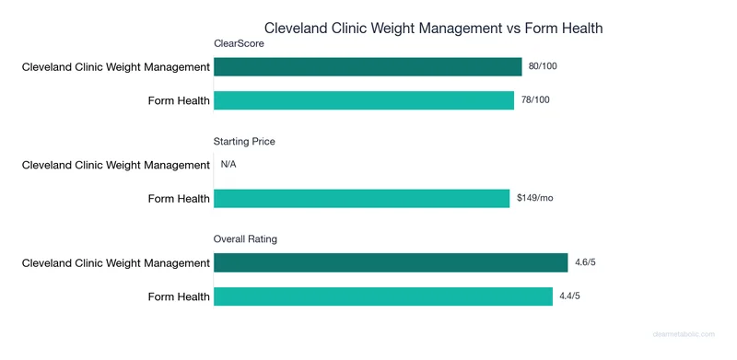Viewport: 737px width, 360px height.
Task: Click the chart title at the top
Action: [x=433, y=28]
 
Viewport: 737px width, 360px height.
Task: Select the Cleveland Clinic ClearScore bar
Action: [x=368, y=67]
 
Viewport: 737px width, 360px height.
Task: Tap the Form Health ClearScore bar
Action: [x=364, y=100]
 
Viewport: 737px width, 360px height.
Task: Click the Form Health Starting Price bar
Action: [x=361, y=198]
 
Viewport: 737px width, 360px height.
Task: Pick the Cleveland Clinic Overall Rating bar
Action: [x=391, y=263]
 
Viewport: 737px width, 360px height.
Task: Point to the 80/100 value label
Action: [x=544, y=67]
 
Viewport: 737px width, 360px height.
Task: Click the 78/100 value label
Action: [x=536, y=100]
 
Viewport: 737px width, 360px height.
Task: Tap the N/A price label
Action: [x=229, y=165]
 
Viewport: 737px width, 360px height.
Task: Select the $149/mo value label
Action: [x=534, y=198]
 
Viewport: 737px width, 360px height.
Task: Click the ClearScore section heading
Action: [x=240, y=43]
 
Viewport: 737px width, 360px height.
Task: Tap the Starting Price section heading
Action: [x=244, y=142]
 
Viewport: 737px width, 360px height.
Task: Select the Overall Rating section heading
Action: [x=245, y=239]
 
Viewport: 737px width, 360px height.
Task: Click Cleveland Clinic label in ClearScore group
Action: [x=116, y=67]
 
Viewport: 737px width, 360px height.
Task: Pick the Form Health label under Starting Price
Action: [x=179, y=198]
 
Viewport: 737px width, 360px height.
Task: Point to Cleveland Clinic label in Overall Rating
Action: [x=116, y=263]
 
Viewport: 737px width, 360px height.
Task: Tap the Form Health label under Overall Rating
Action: [x=179, y=296]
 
